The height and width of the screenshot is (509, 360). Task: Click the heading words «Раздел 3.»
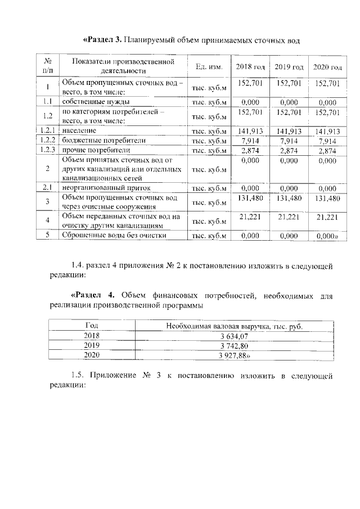(103, 40)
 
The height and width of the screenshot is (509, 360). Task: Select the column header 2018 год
(250, 67)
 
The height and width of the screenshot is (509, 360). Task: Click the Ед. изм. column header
(209, 67)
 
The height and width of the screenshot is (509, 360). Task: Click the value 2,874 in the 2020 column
(327, 150)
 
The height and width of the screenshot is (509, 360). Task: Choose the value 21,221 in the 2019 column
(289, 217)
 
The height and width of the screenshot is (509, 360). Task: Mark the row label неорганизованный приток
(102, 188)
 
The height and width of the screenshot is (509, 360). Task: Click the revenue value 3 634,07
(233, 336)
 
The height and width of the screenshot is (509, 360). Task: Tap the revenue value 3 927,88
(235, 355)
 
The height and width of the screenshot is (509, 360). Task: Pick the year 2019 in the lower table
(91, 346)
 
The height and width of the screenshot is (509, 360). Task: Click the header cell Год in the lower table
(91, 326)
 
